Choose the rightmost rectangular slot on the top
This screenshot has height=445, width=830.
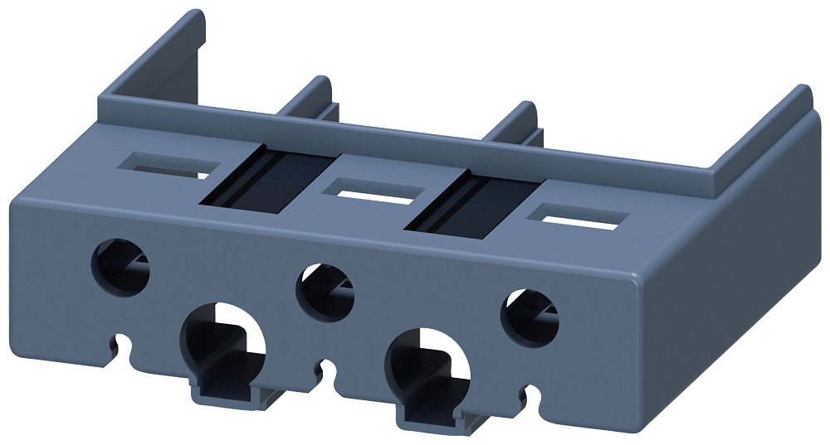point(575,217)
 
